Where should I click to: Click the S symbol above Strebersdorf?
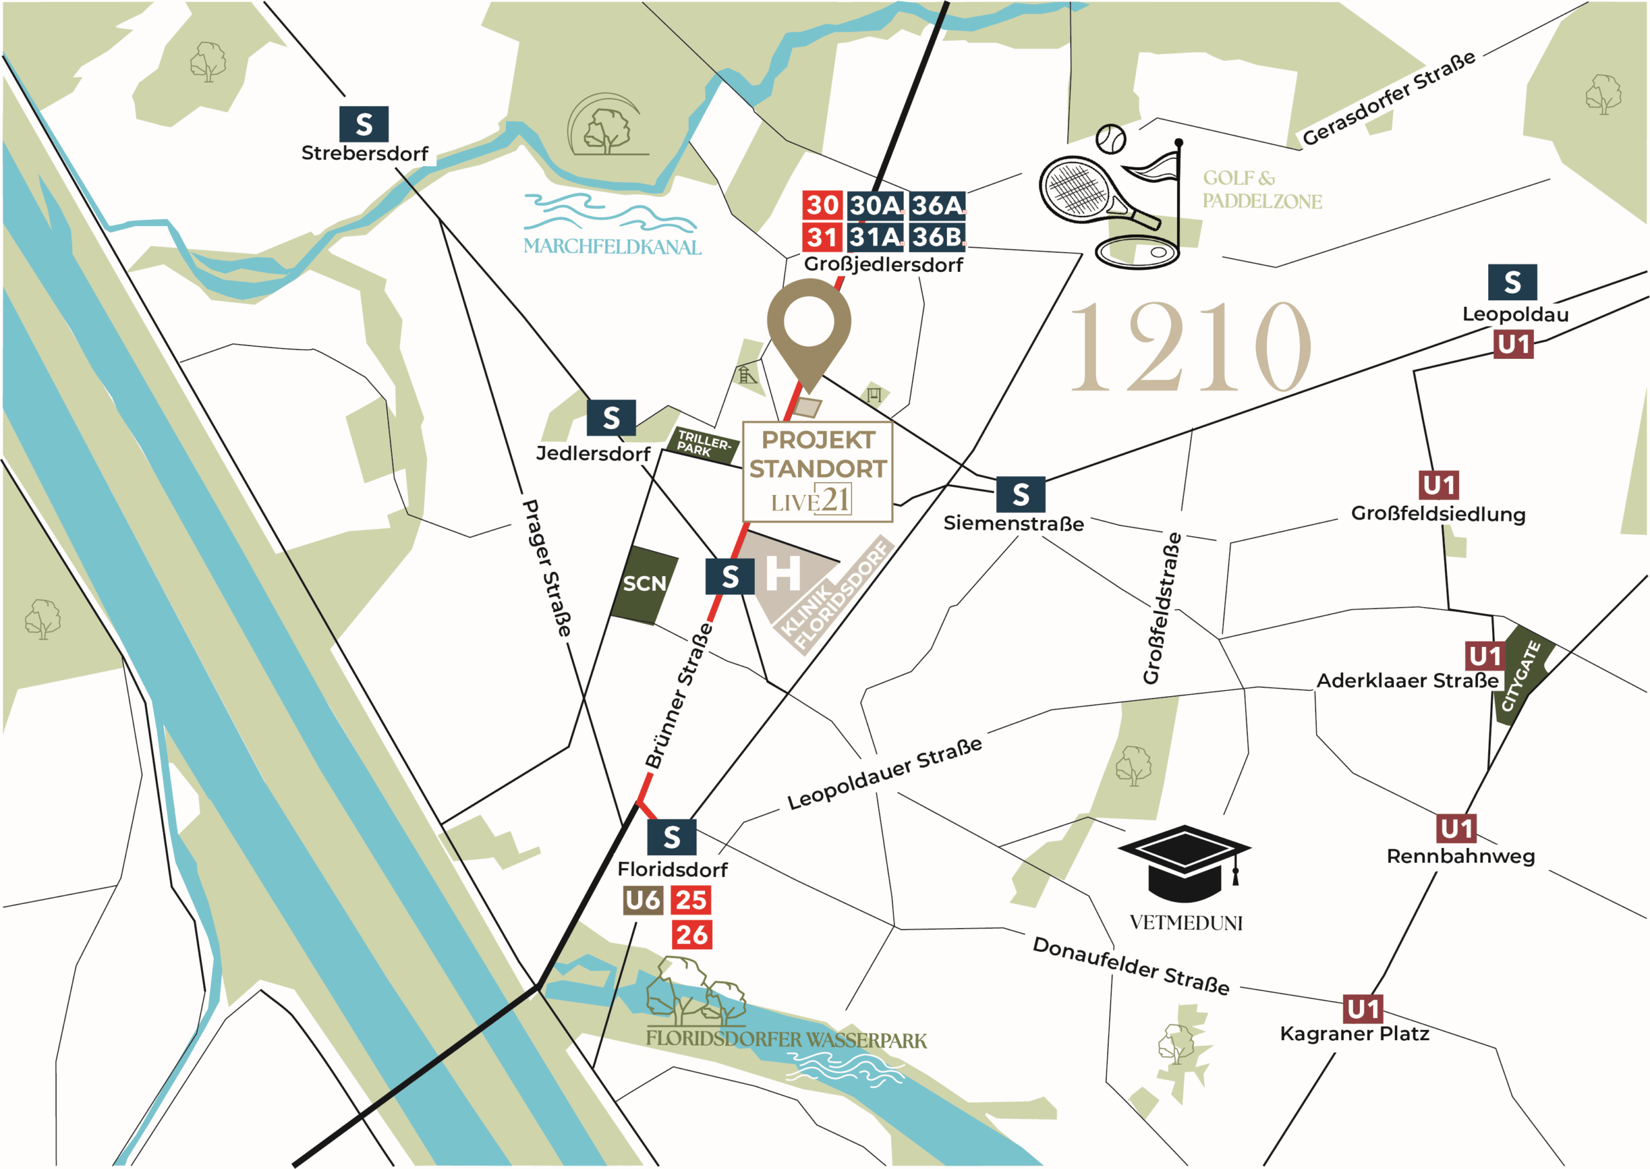364,124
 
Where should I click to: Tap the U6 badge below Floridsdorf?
642,900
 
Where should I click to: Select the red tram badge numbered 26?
692,934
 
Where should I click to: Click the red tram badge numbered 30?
821,205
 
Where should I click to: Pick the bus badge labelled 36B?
937,236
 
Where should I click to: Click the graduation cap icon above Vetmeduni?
1183,863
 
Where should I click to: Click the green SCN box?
644,584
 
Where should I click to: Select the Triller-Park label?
702,444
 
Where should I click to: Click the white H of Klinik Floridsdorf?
782,574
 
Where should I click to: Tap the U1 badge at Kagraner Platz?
1363,1009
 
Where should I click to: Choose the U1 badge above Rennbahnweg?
1457,829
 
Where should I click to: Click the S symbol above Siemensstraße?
1020,494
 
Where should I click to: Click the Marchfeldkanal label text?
612,246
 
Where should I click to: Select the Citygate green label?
1520,675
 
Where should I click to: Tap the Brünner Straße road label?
678,696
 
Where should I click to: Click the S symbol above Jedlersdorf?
610,418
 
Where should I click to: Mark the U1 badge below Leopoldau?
1513,345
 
